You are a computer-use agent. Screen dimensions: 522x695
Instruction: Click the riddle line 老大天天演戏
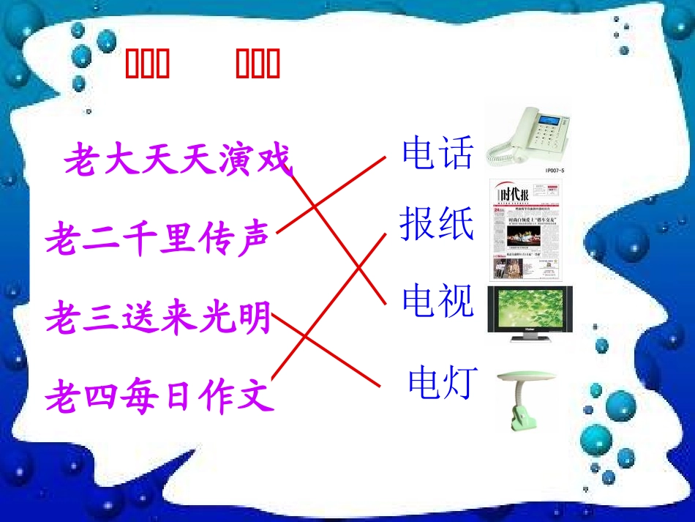tap(178, 160)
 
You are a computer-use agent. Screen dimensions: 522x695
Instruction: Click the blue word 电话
tap(437, 153)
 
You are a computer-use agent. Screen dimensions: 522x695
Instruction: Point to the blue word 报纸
tap(437, 224)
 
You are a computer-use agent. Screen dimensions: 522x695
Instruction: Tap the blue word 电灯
tap(443, 381)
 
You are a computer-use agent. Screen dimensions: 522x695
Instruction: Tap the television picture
tap(530, 313)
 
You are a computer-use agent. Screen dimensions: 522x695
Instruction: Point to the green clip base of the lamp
tap(514, 416)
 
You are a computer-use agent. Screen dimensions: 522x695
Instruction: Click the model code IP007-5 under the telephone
tap(555, 171)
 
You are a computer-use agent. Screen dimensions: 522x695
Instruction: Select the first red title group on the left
tap(146, 64)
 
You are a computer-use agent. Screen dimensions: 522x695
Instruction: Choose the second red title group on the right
tap(258, 64)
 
